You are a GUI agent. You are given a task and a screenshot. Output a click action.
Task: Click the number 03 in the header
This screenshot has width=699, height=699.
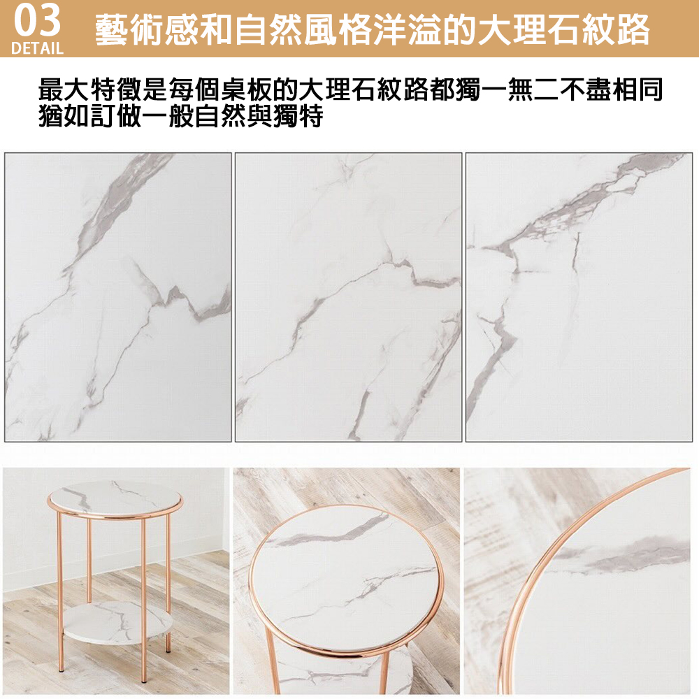click(x=38, y=20)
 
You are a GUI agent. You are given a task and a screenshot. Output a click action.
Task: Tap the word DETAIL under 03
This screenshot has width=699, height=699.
click(x=38, y=48)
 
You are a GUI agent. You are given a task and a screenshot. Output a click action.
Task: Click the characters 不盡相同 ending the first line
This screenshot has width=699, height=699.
click(x=611, y=89)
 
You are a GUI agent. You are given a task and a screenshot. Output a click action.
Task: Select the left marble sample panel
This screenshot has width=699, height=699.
click(x=118, y=297)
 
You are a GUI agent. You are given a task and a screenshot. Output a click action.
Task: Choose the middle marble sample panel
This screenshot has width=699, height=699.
click(x=349, y=297)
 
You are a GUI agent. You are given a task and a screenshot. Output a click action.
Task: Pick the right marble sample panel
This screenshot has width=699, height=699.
click(x=579, y=297)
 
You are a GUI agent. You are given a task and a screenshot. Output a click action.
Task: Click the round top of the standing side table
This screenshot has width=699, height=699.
click(x=115, y=499)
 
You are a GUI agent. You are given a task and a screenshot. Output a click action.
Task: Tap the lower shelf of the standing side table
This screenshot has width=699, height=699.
click(x=117, y=621)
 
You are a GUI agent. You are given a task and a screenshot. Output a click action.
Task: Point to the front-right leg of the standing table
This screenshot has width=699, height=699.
click(x=143, y=600)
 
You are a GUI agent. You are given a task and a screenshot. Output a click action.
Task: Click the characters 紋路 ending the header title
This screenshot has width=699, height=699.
click(x=616, y=30)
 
